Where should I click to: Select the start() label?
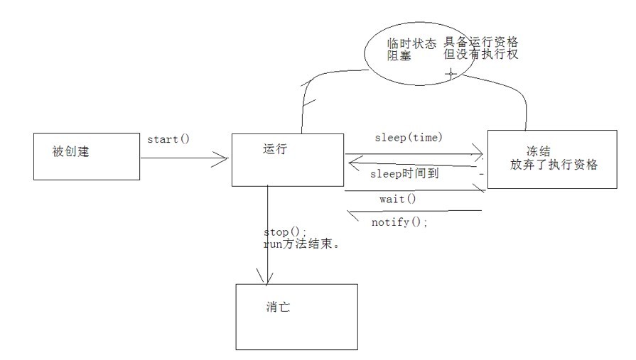[x=168, y=138]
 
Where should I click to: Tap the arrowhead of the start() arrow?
[x=222, y=160]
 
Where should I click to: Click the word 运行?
[x=274, y=149]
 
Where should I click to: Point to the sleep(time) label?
[x=408, y=137]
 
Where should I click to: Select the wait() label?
[x=397, y=200]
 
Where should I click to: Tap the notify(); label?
[x=400, y=222]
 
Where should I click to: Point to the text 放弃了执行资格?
[x=554, y=165]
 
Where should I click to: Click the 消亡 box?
[x=296, y=317]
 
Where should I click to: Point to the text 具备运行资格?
[x=481, y=42]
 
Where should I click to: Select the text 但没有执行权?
[x=481, y=55]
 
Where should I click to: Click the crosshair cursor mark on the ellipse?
[x=451, y=73]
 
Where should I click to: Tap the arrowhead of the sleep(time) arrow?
[x=478, y=154]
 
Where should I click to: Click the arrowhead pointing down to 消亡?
[x=267, y=276]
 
